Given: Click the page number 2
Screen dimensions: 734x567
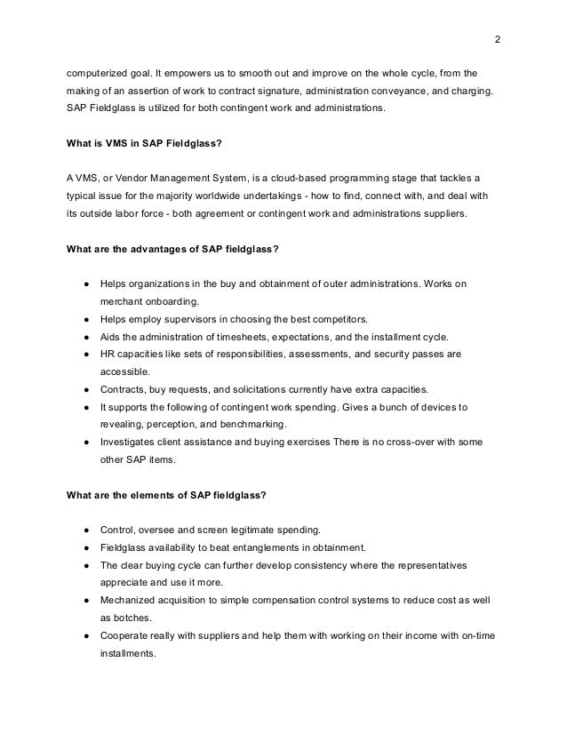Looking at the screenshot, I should (497, 39).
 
